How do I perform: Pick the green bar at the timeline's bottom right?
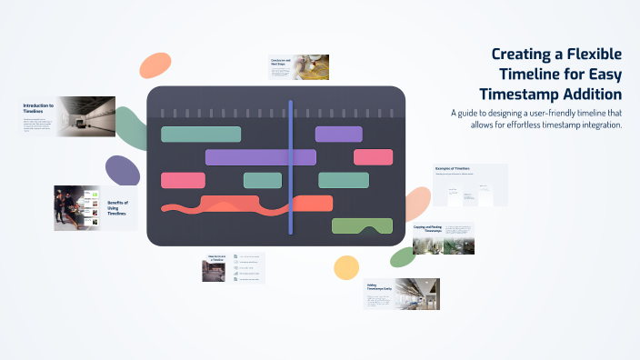click(x=362, y=225)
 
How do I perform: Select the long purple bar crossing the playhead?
click(x=260, y=157)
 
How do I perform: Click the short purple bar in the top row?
click(x=338, y=135)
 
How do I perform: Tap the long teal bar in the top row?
click(x=201, y=135)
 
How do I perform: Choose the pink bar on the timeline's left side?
click(x=183, y=180)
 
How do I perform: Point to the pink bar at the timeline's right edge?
click(x=373, y=157)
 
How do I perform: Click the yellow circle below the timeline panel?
click(x=345, y=267)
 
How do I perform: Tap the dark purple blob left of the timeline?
click(x=122, y=171)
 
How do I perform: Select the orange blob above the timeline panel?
click(x=155, y=65)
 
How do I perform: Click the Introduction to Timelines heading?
click(x=38, y=108)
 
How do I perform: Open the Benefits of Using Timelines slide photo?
click(x=75, y=207)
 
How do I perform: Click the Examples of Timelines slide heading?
click(x=452, y=169)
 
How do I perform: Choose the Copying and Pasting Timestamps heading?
click(x=426, y=230)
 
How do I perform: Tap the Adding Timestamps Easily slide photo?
click(x=416, y=294)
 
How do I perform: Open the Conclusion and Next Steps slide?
click(x=298, y=66)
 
